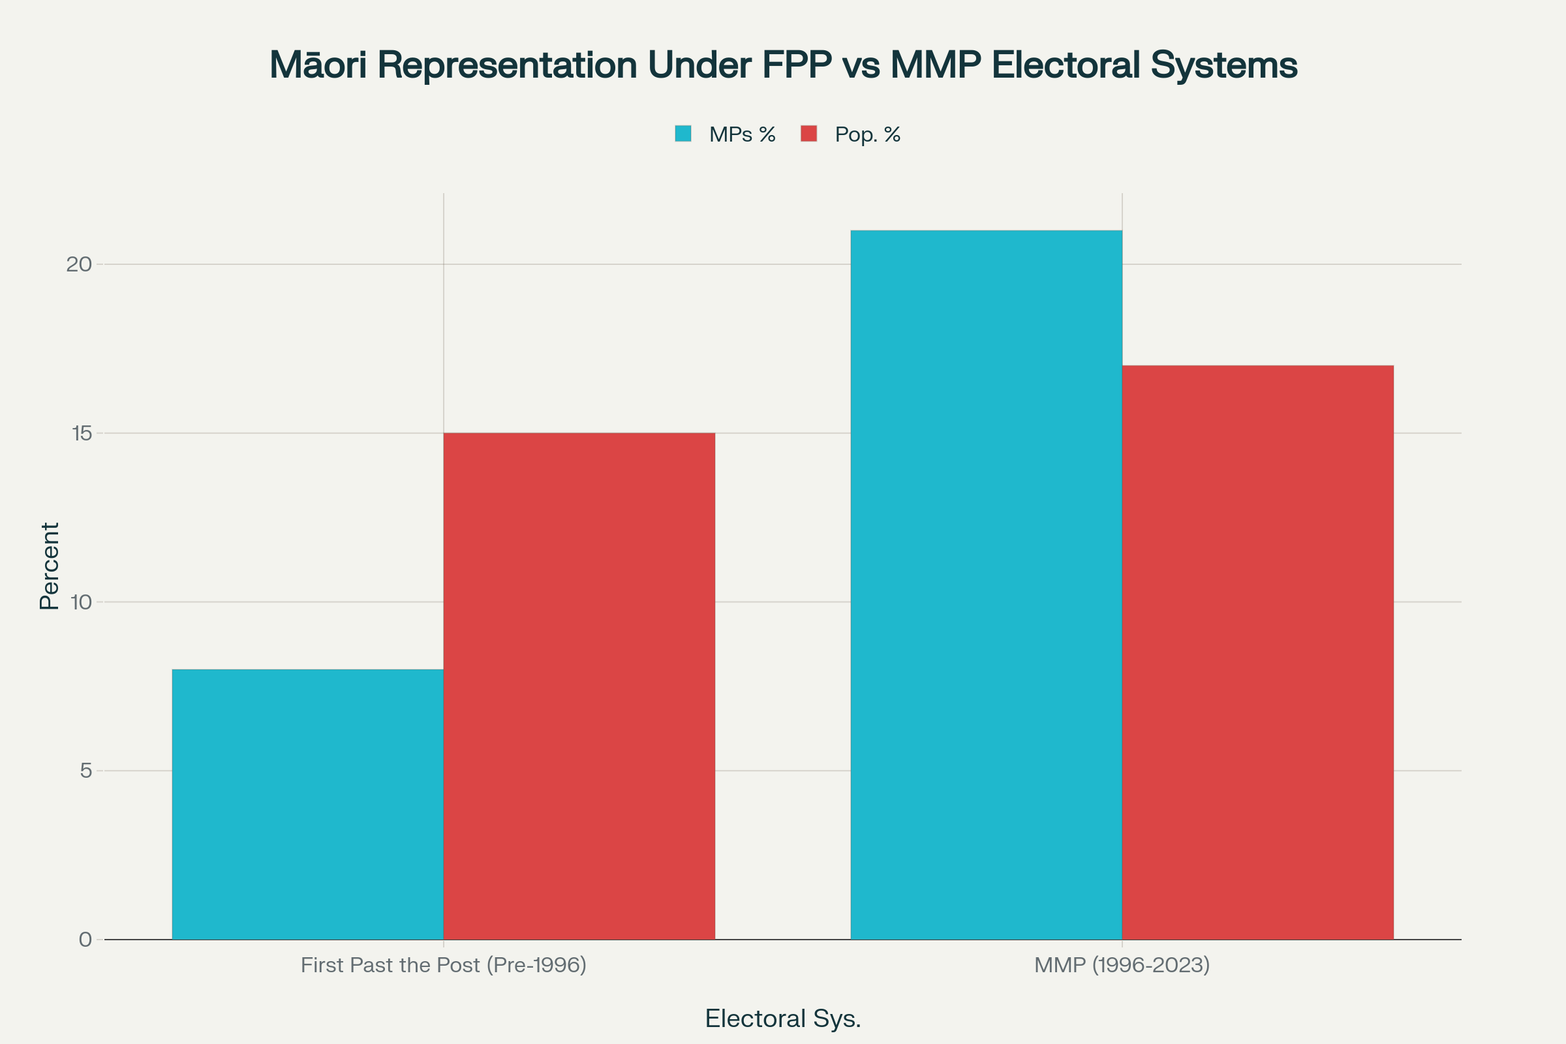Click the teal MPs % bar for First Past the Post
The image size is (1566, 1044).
(x=307, y=805)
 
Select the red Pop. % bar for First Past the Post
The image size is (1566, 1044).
(x=579, y=686)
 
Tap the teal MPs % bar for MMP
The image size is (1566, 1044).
(x=986, y=585)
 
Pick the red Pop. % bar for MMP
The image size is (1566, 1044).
(x=1258, y=652)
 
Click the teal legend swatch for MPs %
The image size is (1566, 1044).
(x=683, y=134)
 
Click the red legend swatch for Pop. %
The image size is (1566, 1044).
(x=808, y=134)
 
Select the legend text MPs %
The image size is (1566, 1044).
(x=743, y=134)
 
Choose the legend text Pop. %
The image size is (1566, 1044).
(x=868, y=134)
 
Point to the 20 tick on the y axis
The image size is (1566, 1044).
(x=78, y=264)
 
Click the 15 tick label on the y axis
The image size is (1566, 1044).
(x=80, y=433)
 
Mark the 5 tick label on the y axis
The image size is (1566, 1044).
(x=85, y=771)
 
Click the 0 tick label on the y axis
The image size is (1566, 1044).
(x=85, y=940)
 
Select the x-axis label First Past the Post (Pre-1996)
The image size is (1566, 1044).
(x=444, y=966)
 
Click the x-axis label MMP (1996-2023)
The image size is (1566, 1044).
(x=1122, y=966)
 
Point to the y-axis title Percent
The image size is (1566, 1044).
(x=50, y=566)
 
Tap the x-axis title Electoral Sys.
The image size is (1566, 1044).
(x=783, y=1019)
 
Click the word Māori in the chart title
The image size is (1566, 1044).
(x=318, y=65)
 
